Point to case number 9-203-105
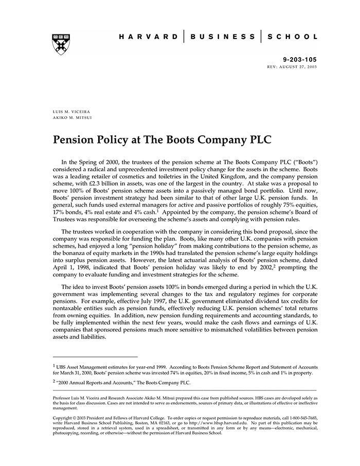(x=300, y=60)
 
